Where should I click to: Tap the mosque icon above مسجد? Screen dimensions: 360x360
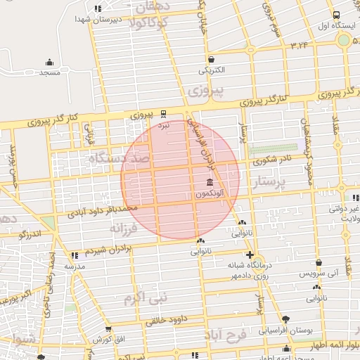pos(49,62)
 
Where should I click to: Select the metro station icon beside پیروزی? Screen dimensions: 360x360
pos(165,112)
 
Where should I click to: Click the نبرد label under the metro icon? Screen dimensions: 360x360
pos(165,124)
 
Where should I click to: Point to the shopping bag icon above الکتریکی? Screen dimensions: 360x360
pos(212,59)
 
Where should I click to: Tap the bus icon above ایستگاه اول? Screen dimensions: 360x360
pos(336,15)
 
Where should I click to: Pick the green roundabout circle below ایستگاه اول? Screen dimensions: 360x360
pos(344,41)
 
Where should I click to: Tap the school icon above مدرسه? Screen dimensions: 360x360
pos(75,257)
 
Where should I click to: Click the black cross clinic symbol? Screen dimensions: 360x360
pos(250,255)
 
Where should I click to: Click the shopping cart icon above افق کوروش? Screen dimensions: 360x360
pos(107,328)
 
